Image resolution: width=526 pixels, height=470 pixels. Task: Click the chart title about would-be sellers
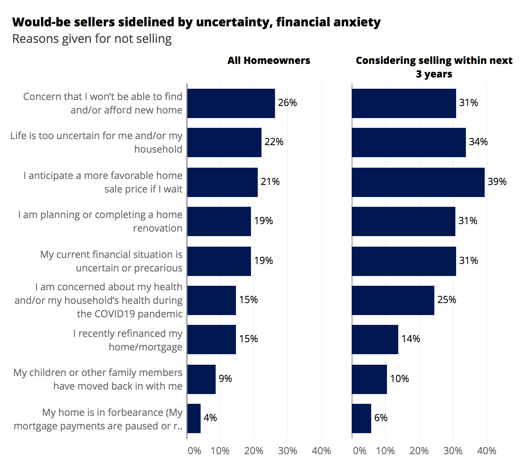(x=196, y=22)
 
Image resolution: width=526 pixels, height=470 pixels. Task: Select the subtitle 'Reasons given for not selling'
(x=92, y=39)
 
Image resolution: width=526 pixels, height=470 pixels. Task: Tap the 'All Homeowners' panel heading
(x=269, y=61)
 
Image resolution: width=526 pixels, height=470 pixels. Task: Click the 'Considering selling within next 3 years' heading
(x=434, y=67)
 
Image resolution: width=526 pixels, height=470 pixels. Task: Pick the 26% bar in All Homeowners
(x=231, y=103)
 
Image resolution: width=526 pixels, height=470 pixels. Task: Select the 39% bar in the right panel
(x=418, y=182)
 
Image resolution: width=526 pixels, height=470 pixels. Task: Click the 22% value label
(x=274, y=142)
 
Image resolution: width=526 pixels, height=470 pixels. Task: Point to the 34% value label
(x=478, y=142)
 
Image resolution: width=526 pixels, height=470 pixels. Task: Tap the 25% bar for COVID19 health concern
(x=393, y=300)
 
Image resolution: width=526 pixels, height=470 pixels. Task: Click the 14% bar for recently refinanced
(x=375, y=340)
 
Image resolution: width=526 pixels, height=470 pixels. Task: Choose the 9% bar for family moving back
(x=201, y=379)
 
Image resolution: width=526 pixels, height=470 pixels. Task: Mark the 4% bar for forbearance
(x=194, y=418)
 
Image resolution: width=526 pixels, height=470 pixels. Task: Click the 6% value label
(x=381, y=418)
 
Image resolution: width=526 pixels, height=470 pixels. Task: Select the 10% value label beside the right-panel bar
(x=399, y=379)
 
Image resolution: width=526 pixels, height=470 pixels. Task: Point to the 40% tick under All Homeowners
(x=321, y=451)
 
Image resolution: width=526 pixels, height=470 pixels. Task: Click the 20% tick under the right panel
(x=419, y=451)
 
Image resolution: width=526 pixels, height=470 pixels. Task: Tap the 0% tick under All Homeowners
(x=194, y=451)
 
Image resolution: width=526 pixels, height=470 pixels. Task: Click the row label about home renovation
(x=100, y=221)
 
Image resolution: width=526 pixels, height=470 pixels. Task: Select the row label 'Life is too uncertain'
(x=97, y=143)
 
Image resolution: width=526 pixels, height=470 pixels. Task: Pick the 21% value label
(x=270, y=182)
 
